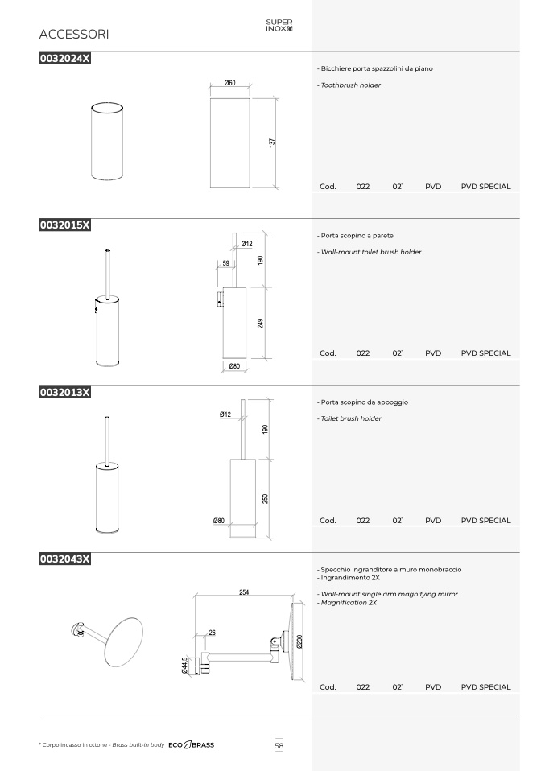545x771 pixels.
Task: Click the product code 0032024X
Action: click(x=65, y=58)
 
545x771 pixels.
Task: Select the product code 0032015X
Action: click(x=65, y=225)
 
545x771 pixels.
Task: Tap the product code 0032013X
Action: click(x=65, y=392)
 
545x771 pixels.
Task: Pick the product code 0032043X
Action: click(x=65, y=559)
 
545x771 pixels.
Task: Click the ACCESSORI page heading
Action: click(x=74, y=35)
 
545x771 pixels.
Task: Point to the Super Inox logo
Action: click(x=279, y=25)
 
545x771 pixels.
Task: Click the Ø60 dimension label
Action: click(x=229, y=83)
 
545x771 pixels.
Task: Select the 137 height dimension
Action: click(x=272, y=142)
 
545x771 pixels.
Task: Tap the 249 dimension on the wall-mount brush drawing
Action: click(x=260, y=323)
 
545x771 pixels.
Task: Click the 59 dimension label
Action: click(x=225, y=263)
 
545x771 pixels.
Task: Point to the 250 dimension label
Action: click(x=265, y=499)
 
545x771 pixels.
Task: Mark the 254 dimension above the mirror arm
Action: click(x=244, y=592)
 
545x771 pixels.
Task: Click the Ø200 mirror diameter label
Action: click(x=299, y=641)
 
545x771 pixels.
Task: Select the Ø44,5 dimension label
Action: click(x=185, y=666)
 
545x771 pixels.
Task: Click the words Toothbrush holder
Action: click(x=351, y=85)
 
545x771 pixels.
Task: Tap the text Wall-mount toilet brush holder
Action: click(x=371, y=252)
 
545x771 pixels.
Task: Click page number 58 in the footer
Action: click(x=279, y=746)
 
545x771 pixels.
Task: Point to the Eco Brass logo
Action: click(x=192, y=745)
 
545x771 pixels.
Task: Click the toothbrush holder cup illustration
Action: click(x=107, y=141)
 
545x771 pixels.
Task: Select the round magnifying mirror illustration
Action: click(x=124, y=641)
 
